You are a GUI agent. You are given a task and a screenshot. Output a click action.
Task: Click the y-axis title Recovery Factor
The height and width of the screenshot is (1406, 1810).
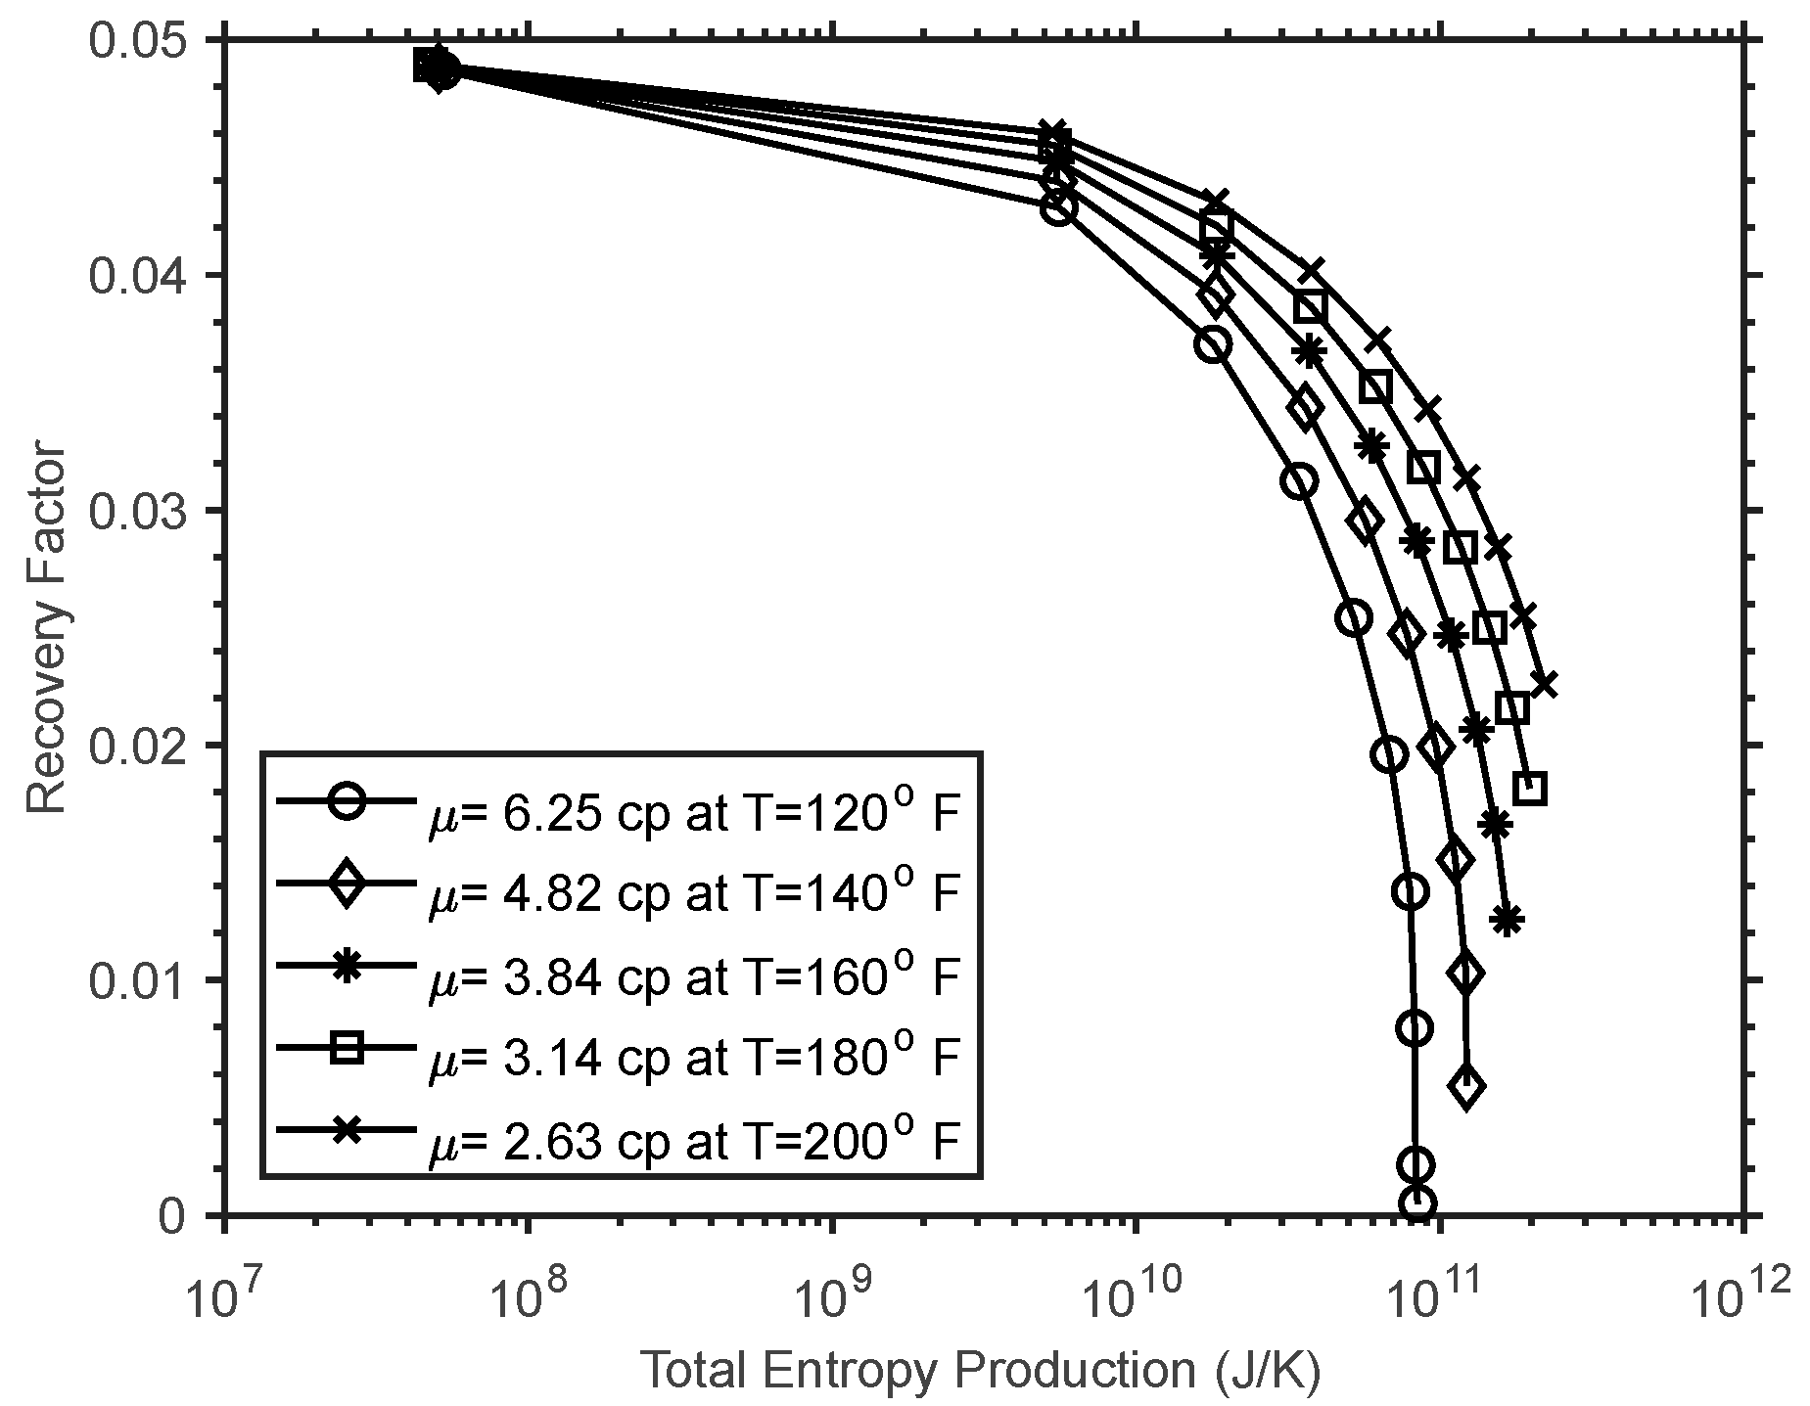click(45, 628)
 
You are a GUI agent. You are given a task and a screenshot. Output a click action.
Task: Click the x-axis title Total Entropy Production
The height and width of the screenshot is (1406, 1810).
click(980, 1373)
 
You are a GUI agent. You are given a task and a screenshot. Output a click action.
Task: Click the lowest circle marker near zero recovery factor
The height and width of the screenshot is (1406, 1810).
click(1416, 1204)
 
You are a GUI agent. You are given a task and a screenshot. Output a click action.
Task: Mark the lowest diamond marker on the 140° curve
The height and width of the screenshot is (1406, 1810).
click(1466, 1087)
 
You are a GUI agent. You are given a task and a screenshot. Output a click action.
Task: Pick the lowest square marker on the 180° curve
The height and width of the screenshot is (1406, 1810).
click(1529, 788)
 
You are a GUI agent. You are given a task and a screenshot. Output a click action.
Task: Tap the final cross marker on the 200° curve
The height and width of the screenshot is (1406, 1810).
click(1544, 685)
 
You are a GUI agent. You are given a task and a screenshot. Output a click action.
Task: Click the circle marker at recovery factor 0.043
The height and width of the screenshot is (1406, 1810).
click(1059, 207)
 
